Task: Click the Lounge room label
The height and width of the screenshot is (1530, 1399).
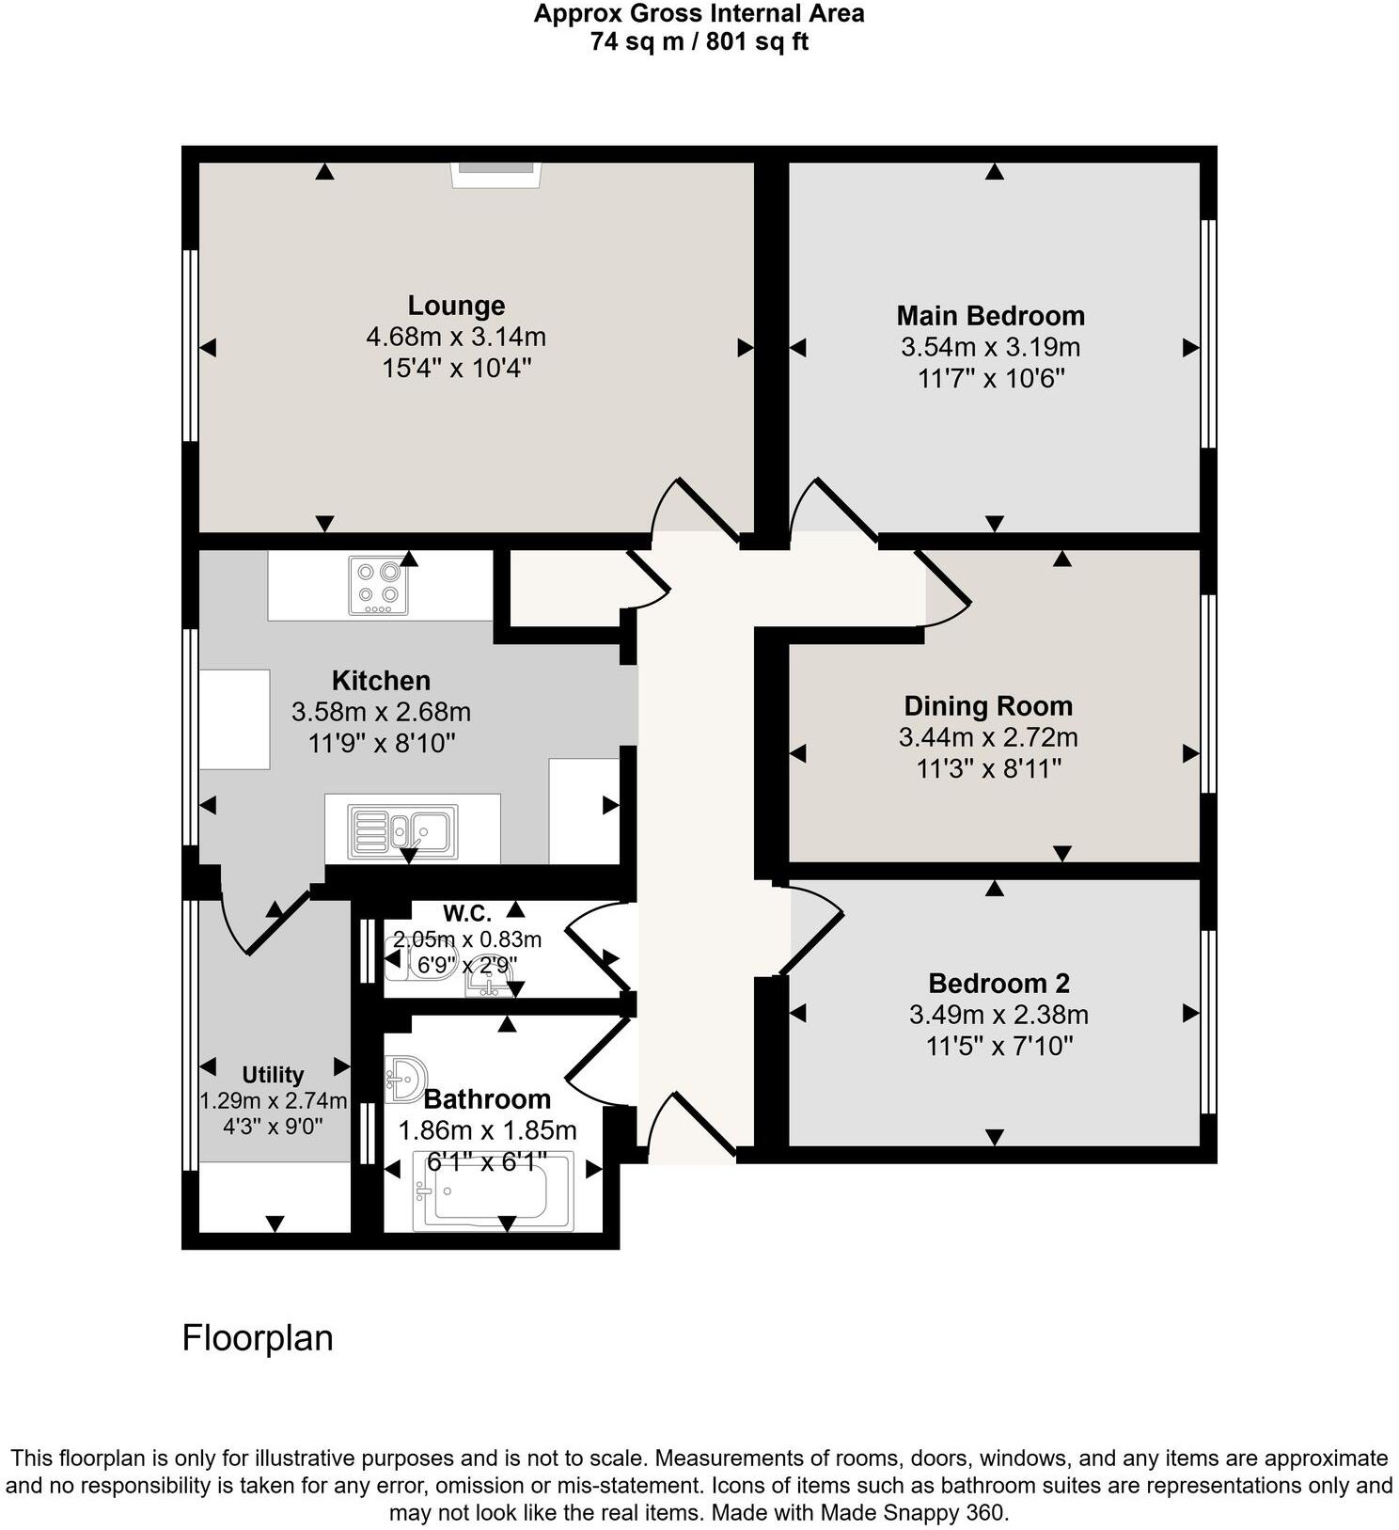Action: (456, 306)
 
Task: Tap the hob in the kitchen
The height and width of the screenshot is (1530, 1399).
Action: (378, 585)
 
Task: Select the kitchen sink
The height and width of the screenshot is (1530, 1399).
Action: (403, 830)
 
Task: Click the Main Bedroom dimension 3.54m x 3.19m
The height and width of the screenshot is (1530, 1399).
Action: (990, 347)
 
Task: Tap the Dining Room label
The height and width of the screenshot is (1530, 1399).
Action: (988, 706)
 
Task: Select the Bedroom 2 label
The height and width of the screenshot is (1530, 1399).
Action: (998, 984)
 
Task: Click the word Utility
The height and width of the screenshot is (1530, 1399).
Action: (273, 1075)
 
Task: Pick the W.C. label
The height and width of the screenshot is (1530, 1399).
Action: (467, 914)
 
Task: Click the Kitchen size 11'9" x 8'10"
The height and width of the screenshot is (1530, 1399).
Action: (382, 744)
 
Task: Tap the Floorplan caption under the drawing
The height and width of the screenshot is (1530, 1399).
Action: (258, 1338)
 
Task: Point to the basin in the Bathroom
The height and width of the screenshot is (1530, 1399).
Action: (405, 1079)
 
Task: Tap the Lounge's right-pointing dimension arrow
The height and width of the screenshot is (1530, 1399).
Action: (746, 348)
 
